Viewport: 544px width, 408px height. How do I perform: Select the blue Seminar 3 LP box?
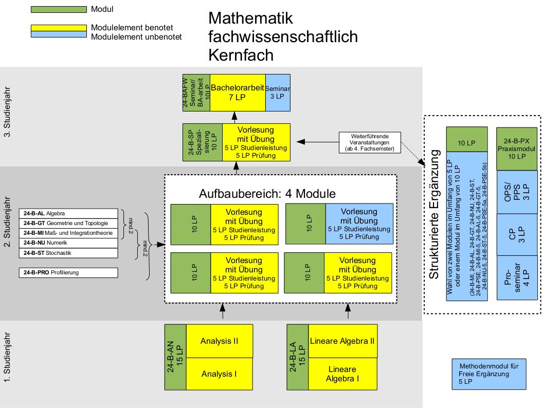click(x=278, y=92)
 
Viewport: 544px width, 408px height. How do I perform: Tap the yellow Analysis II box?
click(x=219, y=341)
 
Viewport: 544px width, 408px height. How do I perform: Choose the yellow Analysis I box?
click(x=219, y=374)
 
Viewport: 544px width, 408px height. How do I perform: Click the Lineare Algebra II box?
click(x=342, y=341)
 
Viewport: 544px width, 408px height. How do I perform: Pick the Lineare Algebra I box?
click(x=342, y=374)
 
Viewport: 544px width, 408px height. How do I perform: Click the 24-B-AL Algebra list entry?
click(x=68, y=213)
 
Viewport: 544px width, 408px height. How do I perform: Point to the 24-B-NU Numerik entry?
click(x=68, y=243)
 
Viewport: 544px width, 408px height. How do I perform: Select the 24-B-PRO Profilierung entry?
click(x=68, y=272)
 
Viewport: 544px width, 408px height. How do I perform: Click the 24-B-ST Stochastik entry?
click(x=68, y=253)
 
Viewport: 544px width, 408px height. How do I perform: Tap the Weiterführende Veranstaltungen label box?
click(x=369, y=142)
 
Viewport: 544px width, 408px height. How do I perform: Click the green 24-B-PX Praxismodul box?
click(x=516, y=148)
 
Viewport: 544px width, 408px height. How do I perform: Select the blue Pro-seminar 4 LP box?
click(x=516, y=277)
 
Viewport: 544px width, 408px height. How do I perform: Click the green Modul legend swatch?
click(x=58, y=10)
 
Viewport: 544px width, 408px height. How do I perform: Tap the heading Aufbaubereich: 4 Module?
click(x=267, y=194)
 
